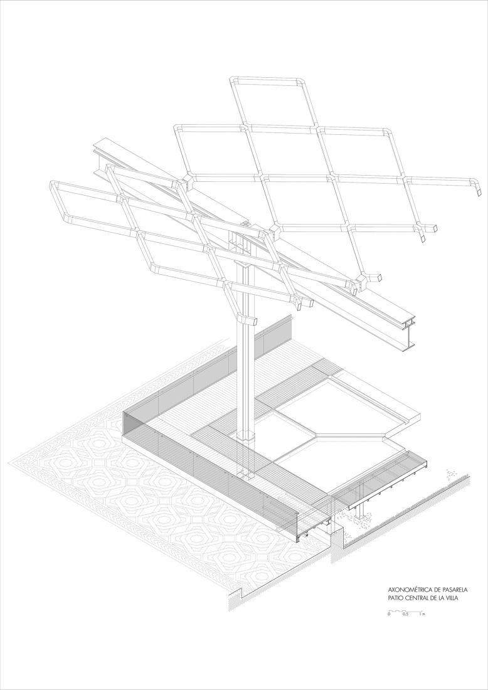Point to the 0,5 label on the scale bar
coord(406,613)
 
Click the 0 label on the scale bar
coord(389,613)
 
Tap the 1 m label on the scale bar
coord(423,613)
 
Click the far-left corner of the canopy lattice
coord(54,184)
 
